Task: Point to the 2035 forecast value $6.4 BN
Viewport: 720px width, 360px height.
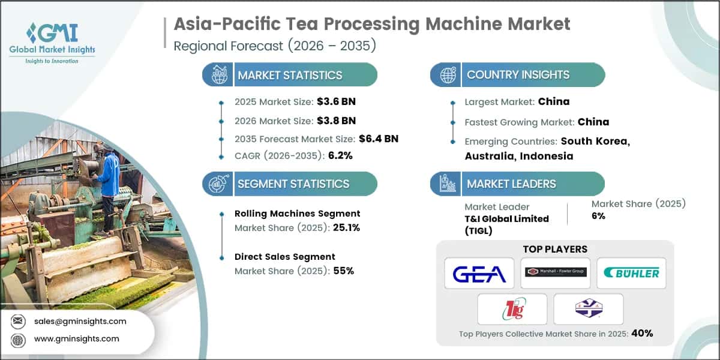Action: (379, 139)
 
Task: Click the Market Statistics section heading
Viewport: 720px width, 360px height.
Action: (290, 75)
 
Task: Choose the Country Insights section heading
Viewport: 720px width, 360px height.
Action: (518, 75)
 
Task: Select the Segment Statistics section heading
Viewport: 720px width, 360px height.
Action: (293, 184)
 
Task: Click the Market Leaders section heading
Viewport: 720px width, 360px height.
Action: (511, 184)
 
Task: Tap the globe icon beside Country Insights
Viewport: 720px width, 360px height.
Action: (447, 75)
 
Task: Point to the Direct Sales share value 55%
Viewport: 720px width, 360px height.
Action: (343, 271)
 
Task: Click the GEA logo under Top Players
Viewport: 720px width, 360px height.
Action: (479, 274)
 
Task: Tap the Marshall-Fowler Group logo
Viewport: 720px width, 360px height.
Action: (556, 272)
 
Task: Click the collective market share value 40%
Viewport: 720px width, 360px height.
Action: (641, 333)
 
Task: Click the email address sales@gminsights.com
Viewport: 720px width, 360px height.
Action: (80, 321)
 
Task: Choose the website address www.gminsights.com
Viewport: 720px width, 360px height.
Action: (76, 339)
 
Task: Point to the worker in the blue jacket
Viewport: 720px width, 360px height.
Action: (109, 180)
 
